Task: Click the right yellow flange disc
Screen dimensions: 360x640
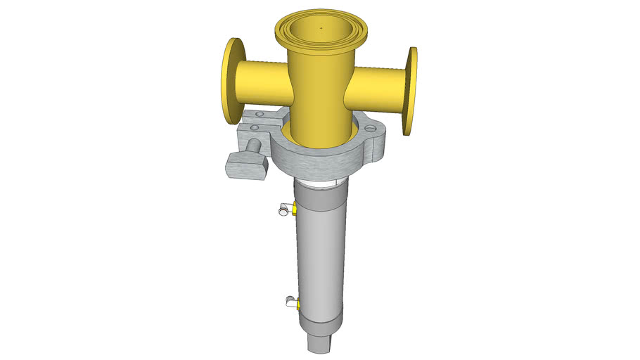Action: point(411,91)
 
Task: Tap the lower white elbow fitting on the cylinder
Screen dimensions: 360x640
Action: point(290,302)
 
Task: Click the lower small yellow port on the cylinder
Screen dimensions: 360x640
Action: point(300,304)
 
